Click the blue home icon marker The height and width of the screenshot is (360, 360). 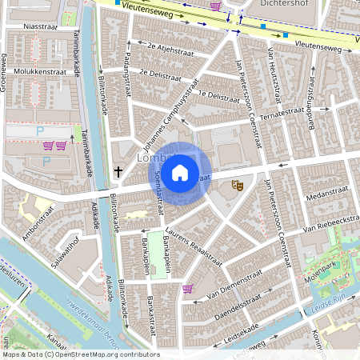click(x=180, y=172)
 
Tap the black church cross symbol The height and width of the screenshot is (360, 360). click(x=118, y=171)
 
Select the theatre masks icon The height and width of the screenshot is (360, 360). click(x=237, y=186)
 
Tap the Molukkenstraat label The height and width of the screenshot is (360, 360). click(x=38, y=71)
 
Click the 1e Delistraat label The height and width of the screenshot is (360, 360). click(x=218, y=96)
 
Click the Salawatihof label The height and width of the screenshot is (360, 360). click(x=62, y=258)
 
